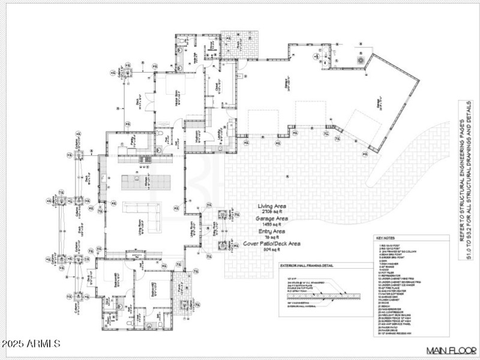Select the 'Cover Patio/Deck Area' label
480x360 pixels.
pos(272,244)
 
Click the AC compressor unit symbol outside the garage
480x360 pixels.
pos(361,60)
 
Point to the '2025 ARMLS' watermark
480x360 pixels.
pos(31,344)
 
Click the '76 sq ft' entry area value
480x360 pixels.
pos(272,237)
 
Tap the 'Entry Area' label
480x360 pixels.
pos(272,231)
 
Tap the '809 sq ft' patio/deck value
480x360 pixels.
pos(272,250)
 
